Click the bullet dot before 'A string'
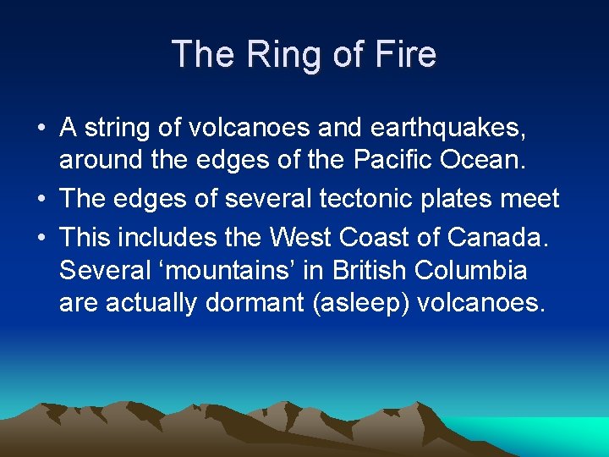[41, 129]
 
